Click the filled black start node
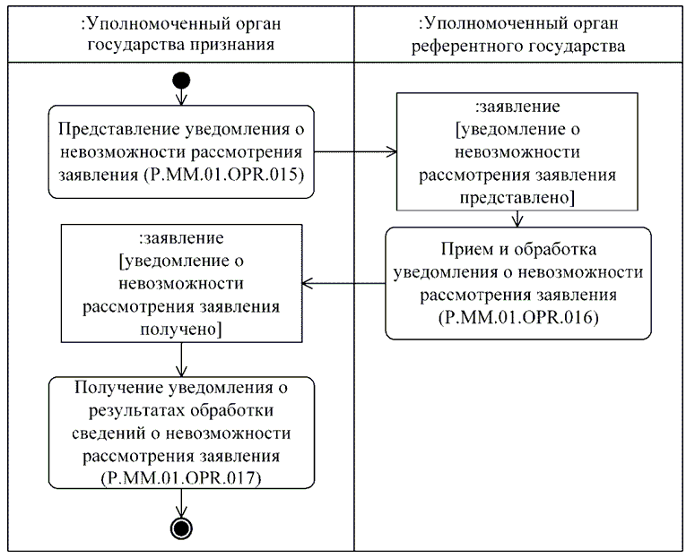[182, 82]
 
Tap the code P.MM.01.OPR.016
[518, 318]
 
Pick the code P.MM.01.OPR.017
[182, 479]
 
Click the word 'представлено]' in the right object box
[516, 196]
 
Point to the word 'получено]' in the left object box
[183, 331]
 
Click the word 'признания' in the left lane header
[229, 43]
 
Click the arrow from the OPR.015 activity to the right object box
[355, 152]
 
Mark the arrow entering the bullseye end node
[182, 503]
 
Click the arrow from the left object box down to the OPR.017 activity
[182, 361]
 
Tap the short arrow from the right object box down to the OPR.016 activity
[517, 219]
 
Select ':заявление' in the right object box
[516, 104]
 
